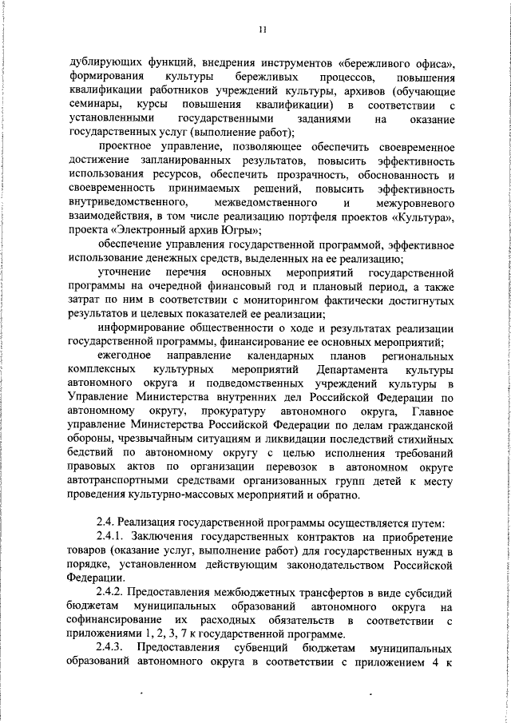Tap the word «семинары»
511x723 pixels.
(x=96, y=105)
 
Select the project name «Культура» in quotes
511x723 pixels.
(x=433, y=217)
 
